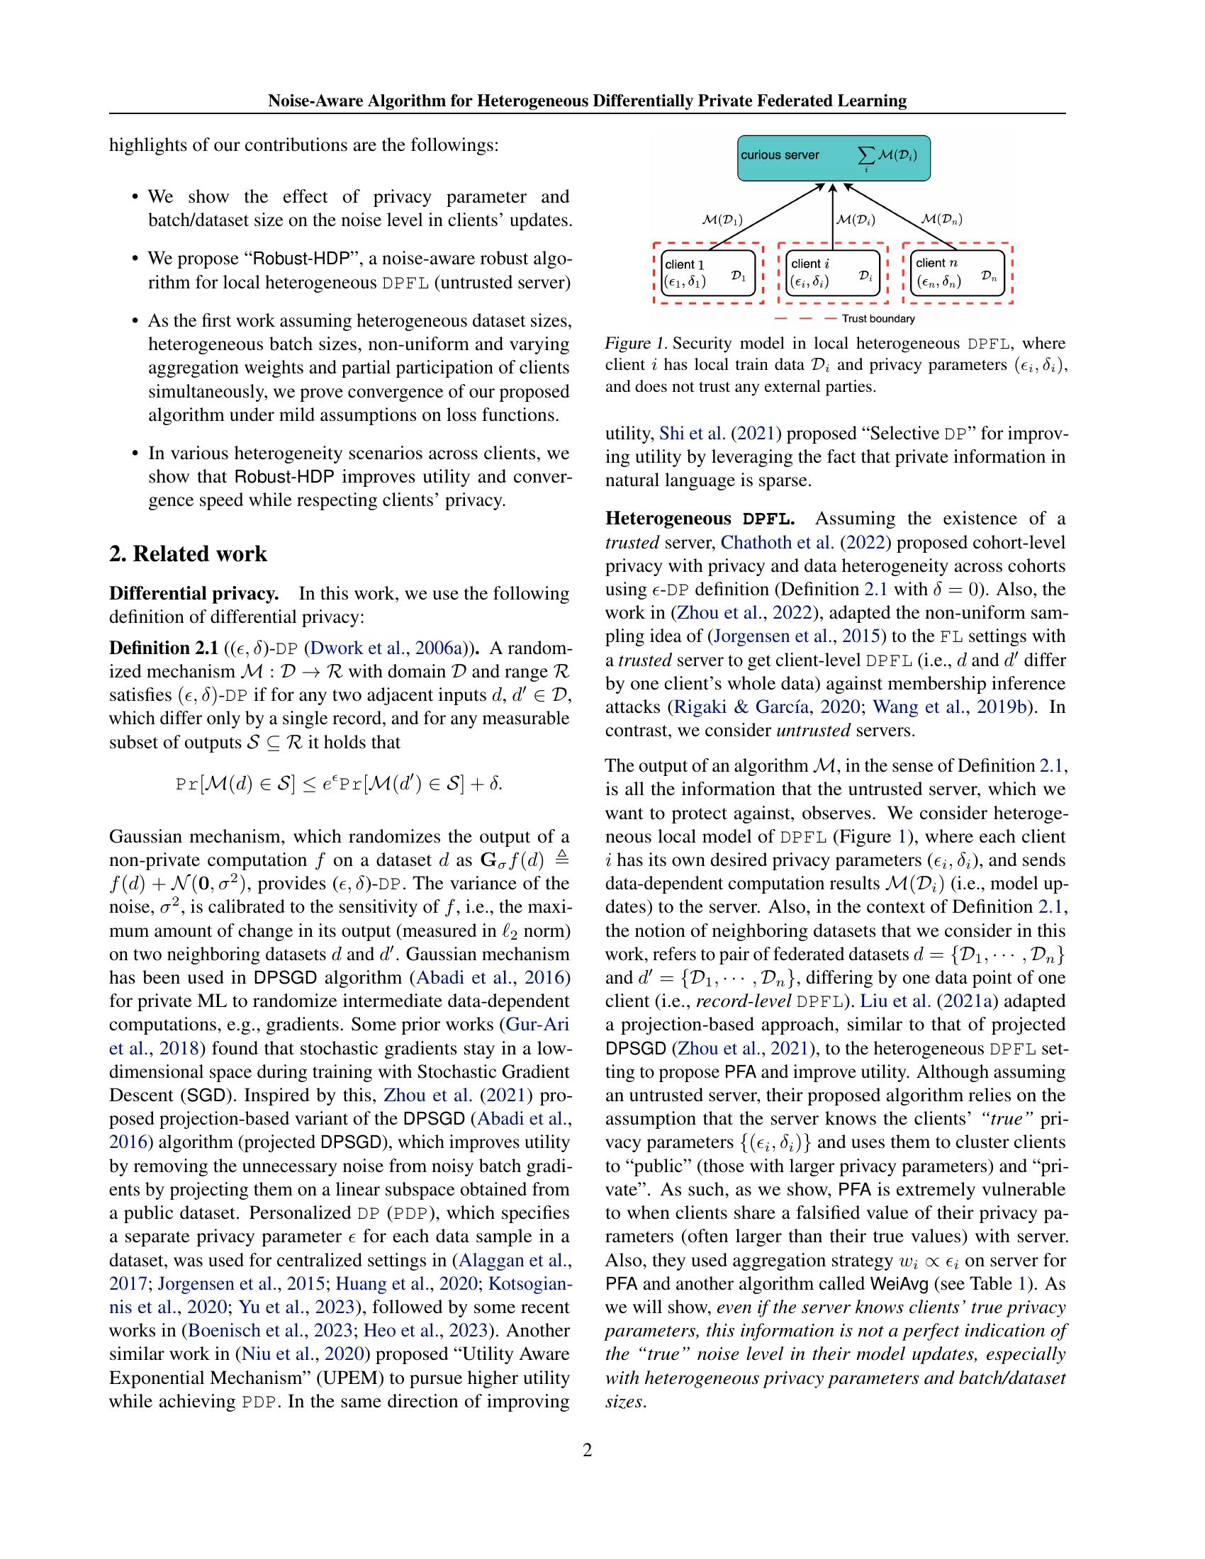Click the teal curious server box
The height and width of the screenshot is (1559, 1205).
pos(834,157)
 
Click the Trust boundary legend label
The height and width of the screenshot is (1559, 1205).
pos(878,319)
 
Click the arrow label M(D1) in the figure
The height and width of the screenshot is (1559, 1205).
pos(722,220)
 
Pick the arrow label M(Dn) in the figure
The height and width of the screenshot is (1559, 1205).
pos(941,219)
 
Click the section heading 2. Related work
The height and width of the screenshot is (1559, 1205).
pos(188,554)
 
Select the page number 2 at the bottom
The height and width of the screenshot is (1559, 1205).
pos(587,1450)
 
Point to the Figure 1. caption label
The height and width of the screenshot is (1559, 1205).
pos(635,344)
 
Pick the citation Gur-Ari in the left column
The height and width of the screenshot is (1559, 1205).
pos(537,1025)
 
